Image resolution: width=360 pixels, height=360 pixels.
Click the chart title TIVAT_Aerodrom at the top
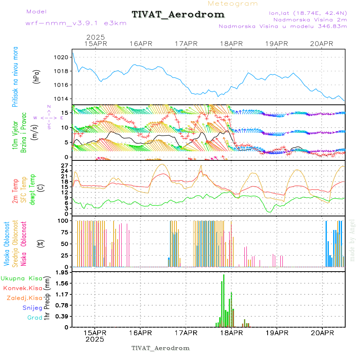[178, 14]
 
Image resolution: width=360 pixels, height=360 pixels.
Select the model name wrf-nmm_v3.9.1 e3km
[76, 23]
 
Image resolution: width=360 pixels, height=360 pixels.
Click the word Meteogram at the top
[233, 4]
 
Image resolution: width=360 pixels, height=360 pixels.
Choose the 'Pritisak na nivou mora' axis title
[16, 77]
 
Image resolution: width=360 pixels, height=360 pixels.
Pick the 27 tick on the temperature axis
[66, 165]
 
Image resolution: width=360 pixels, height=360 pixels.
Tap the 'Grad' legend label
[35, 318]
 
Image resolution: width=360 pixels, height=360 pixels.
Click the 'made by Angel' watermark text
[352, 240]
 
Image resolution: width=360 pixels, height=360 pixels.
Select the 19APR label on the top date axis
[277, 44]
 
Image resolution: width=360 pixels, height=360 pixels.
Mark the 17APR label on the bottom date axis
[186, 332]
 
